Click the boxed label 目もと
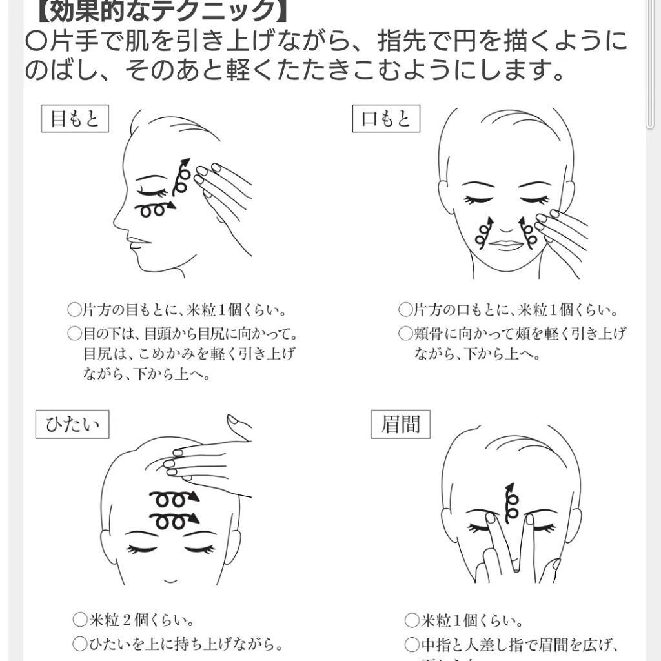(x=75, y=119)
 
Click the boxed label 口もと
(x=386, y=119)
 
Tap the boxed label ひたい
(x=72, y=425)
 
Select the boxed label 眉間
(x=400, y=424)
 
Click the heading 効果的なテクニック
(x=156, y=9)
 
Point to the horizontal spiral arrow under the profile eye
(x=156, y=208)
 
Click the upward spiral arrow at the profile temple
(x=183, y=176)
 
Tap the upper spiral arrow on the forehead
(x=174, y=498)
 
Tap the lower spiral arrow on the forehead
(x=174, y=520)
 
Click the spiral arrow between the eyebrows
(x=511, y=503)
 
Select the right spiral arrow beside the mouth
(x=528, y=234)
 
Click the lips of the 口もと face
(x=507, y=245)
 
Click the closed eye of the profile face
(x=154, y=192)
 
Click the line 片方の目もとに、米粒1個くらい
(x=178, y=310)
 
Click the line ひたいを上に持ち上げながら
(x=178, y=644)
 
